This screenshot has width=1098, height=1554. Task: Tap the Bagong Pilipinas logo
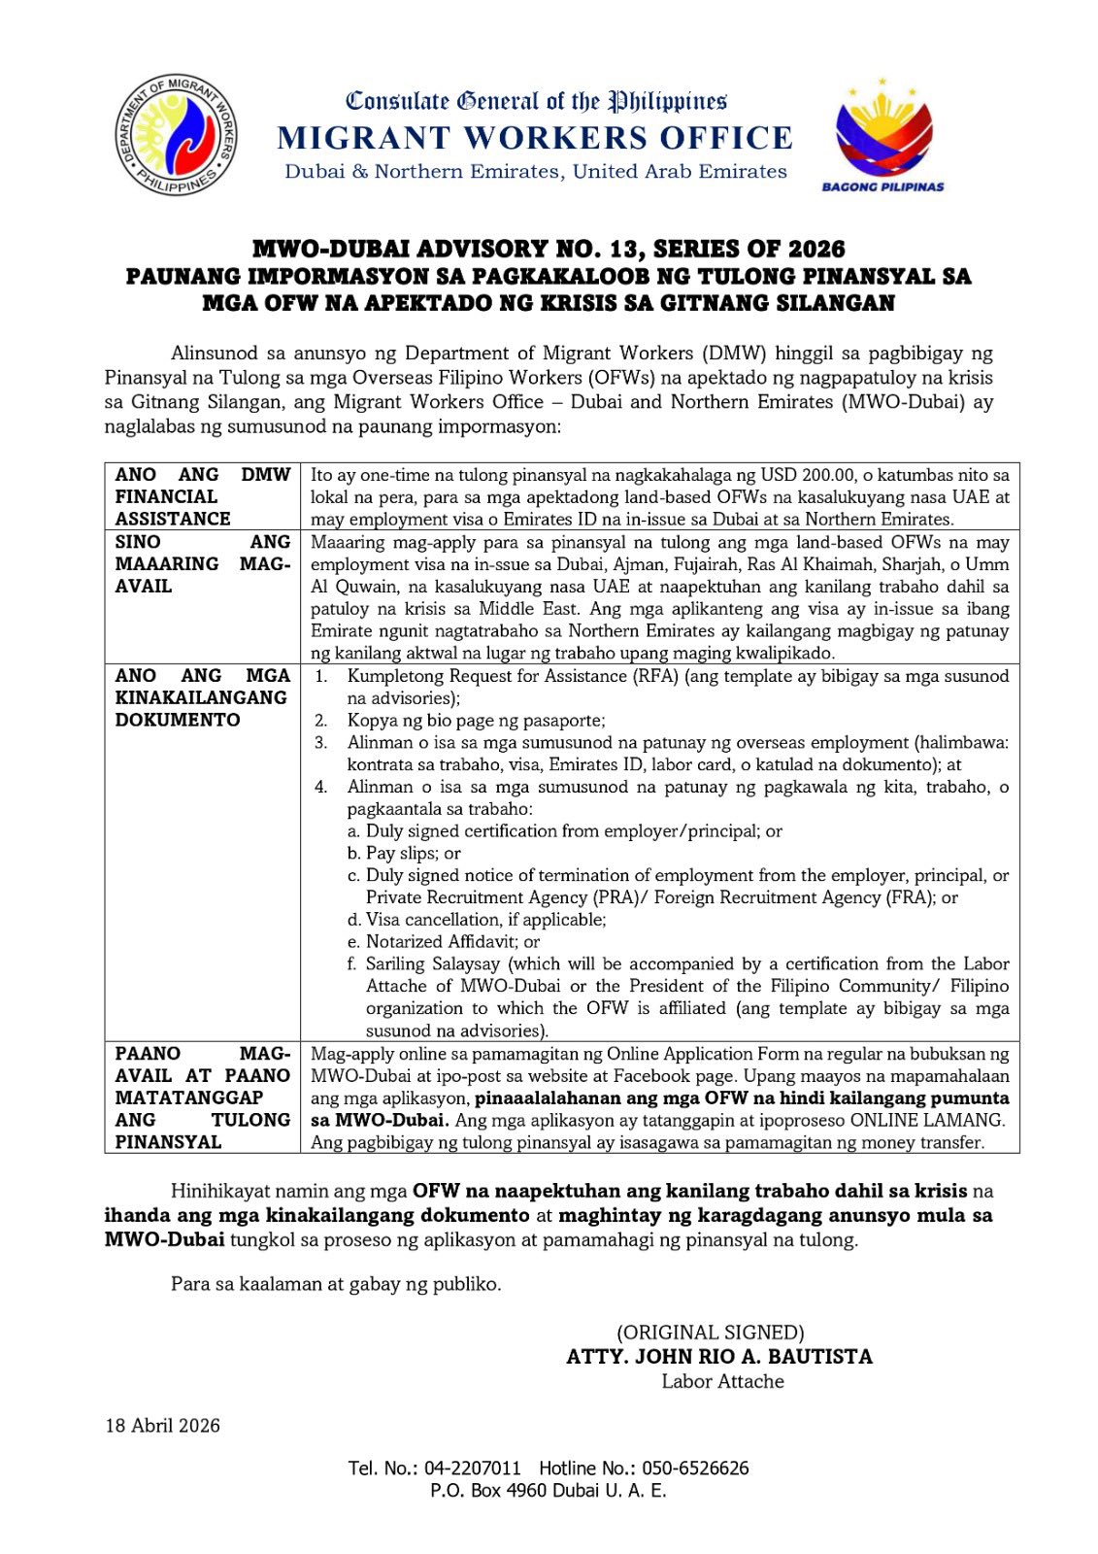coord(882,135)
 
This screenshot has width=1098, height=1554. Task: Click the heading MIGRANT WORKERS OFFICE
coord(535,138)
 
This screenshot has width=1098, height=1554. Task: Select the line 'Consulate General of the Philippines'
coord(537,100)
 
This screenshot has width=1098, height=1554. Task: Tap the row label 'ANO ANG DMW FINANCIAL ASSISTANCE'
coord(202,496)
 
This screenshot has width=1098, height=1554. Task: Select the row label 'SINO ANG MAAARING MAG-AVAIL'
coord(202,563)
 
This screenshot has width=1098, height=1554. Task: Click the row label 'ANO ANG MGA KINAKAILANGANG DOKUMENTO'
coord(202,697)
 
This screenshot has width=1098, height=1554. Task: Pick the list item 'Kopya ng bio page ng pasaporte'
coord(476,720)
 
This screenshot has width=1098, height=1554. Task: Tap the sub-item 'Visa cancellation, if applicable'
coord(485,919)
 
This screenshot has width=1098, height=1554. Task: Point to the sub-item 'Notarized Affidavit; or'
coord(452,941)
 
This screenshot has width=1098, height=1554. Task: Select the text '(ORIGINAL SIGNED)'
coord(710,1333)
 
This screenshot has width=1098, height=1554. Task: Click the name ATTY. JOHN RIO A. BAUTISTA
coord(719,1357)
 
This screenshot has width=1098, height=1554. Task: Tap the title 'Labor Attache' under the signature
coord(722,1381)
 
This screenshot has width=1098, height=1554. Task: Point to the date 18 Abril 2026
coord(163,1426)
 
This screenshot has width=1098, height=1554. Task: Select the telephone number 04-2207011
coord(472,1468)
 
